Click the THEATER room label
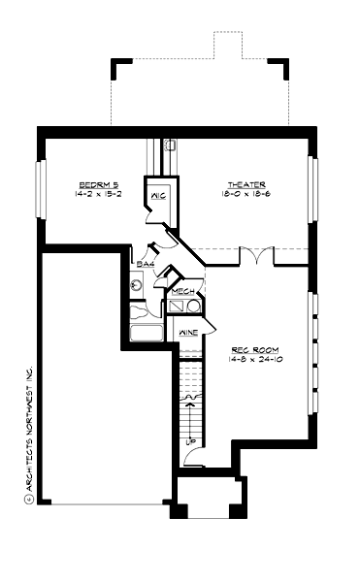pos(246,184)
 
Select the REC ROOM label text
pos(250,350)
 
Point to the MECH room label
pos(183,291)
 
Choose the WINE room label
pos(188,333)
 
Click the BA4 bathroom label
pos(146,264)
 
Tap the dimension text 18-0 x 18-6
pos(246,194)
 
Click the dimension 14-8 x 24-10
pos(250,360)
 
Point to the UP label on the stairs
pos(190,442)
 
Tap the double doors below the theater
pos(256,258)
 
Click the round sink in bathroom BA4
pos(137,285)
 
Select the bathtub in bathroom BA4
pos(147,334)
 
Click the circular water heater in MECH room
pos(194,306)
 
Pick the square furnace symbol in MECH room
pos(177,306)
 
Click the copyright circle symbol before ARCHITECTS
pos(29,500)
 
